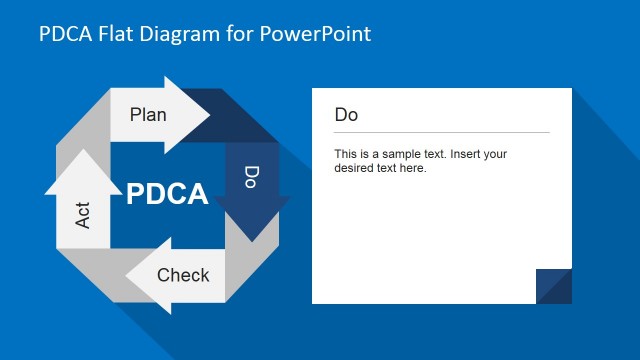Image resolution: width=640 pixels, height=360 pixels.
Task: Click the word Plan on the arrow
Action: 148,114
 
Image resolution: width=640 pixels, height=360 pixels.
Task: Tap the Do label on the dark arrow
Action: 252,177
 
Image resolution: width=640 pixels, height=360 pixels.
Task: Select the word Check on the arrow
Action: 183,275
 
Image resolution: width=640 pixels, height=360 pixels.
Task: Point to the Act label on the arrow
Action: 83,214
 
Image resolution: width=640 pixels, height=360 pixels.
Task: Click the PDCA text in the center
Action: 167,193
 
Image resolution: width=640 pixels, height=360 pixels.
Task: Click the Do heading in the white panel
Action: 346,115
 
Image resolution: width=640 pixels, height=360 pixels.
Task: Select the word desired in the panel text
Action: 355,168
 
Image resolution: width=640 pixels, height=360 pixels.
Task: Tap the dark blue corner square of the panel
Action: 554,286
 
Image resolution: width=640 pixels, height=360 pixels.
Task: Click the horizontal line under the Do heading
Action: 441,132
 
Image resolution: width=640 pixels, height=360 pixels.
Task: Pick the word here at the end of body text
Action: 413,168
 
